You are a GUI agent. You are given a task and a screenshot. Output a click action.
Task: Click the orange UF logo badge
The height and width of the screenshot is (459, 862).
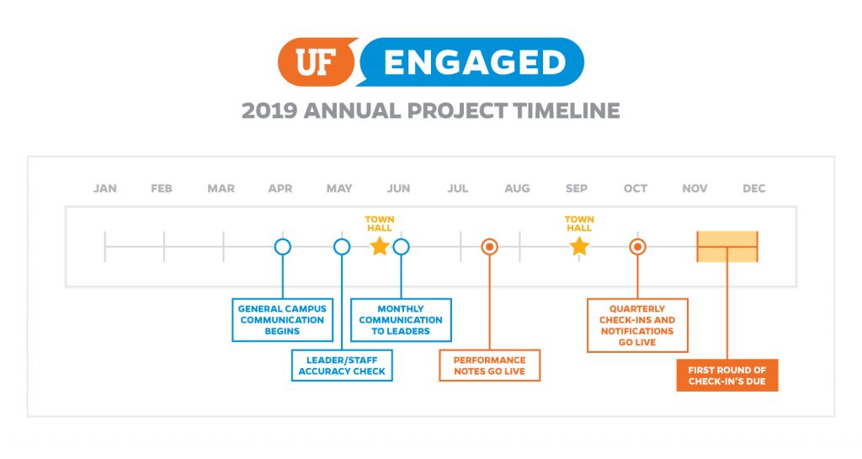[x=317, y=61]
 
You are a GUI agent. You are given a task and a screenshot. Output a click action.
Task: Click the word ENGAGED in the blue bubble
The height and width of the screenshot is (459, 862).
[x=475, y=62]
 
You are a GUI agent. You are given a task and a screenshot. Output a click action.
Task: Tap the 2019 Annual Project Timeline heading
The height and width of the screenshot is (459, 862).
[x=431, y=110]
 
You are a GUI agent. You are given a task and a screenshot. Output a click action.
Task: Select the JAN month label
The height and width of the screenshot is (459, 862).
[x=105, y=189]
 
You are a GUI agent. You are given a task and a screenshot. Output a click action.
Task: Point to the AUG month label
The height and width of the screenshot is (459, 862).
[x=518, y=189]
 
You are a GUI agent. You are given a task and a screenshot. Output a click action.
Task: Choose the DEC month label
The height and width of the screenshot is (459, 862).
[x=753, y=189]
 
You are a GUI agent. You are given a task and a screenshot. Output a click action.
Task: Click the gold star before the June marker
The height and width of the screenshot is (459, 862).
[x=380, y=246]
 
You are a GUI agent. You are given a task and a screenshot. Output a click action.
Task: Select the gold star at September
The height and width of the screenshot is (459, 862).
[x=579, y=246]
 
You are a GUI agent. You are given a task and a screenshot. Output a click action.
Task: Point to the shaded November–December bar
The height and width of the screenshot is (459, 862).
[x=727, y=247]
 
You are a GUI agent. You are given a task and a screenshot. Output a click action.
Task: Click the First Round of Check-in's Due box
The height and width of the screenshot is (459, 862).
[x=727, y=376]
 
